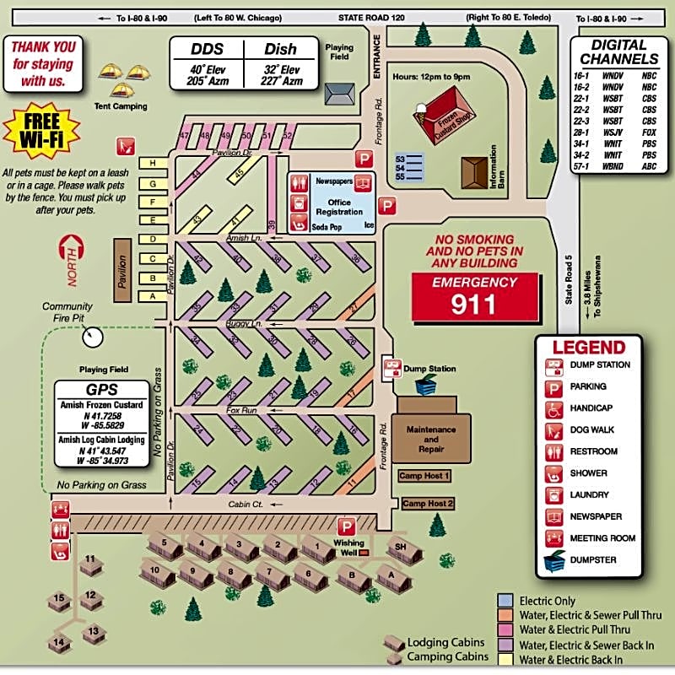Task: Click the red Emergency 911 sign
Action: [x=474, y=296]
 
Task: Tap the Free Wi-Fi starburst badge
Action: [x=42, y=132]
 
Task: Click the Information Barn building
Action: [x=478, y=170]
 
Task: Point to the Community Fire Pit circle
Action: [x=92, y=337]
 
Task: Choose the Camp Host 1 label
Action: [x=424, y=476]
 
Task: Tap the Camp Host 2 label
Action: [x=428, y=504]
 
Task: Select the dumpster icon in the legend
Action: [x=554, y=560]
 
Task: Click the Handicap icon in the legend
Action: [x=554, y=408]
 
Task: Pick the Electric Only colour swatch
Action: [x=505, y=600]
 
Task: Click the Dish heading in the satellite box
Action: [x=281, y=51]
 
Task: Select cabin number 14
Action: [x=58, y=642]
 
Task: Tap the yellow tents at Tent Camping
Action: [x=121, y=82]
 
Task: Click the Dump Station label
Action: [x=430, y=369]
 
